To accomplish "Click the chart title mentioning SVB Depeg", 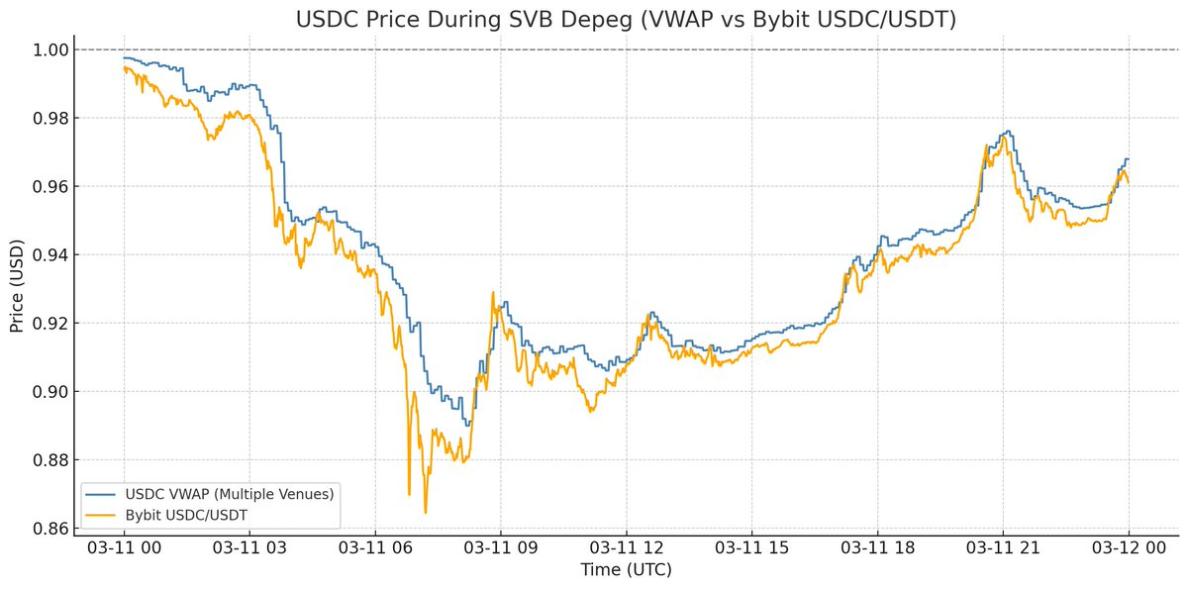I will click(626, 20).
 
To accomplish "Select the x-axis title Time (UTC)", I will click(626, 571).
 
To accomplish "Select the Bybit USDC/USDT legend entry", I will click(183, 514).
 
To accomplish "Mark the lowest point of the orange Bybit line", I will click(426, 513).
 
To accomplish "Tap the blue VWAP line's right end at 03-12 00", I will click(1129, 158).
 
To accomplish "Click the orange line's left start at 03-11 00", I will click(124, 67).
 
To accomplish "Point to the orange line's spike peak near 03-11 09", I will click(492, 292).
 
